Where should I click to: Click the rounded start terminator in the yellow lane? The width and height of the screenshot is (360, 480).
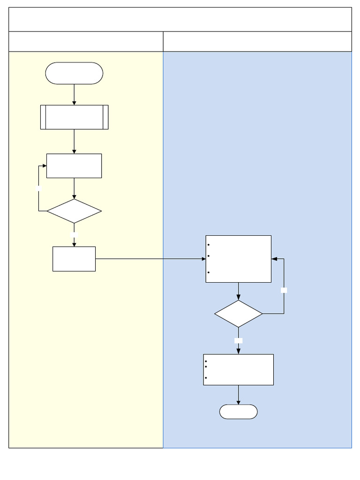(74, 73)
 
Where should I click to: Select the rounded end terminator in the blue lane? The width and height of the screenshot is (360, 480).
(238, 412)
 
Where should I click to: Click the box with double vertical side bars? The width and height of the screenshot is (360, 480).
(74, 117)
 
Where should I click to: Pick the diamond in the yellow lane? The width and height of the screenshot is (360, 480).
(74, 211)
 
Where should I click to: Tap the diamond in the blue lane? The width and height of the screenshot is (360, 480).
(238, 314)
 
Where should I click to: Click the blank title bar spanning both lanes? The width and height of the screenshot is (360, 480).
(180, 19)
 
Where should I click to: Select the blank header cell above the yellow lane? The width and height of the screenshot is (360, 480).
(86, 42)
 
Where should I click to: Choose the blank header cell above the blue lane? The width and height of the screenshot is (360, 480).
(257, 42)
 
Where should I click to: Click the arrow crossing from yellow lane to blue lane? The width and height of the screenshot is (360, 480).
(150, 259)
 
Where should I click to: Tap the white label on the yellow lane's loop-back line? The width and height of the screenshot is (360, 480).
(39, 188)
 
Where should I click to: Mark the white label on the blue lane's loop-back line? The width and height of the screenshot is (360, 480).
(284, 290)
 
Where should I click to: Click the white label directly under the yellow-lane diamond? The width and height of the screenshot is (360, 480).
(74, 233)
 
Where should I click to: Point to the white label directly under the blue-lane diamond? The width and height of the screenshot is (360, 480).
(238, 340)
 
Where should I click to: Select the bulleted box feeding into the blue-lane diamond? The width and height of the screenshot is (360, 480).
(238, 259)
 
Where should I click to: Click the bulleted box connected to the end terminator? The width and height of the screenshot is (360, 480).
(238, 369)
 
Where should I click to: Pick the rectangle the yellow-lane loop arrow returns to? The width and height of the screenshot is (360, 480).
(74, 165)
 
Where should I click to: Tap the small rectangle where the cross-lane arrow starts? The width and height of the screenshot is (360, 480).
(74, 259)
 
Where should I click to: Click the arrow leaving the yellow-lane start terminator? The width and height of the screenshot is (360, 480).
(74, 94)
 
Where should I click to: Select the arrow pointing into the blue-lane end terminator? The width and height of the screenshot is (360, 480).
(238, 395)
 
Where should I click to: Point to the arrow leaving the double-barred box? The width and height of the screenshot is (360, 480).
(74, 141)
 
